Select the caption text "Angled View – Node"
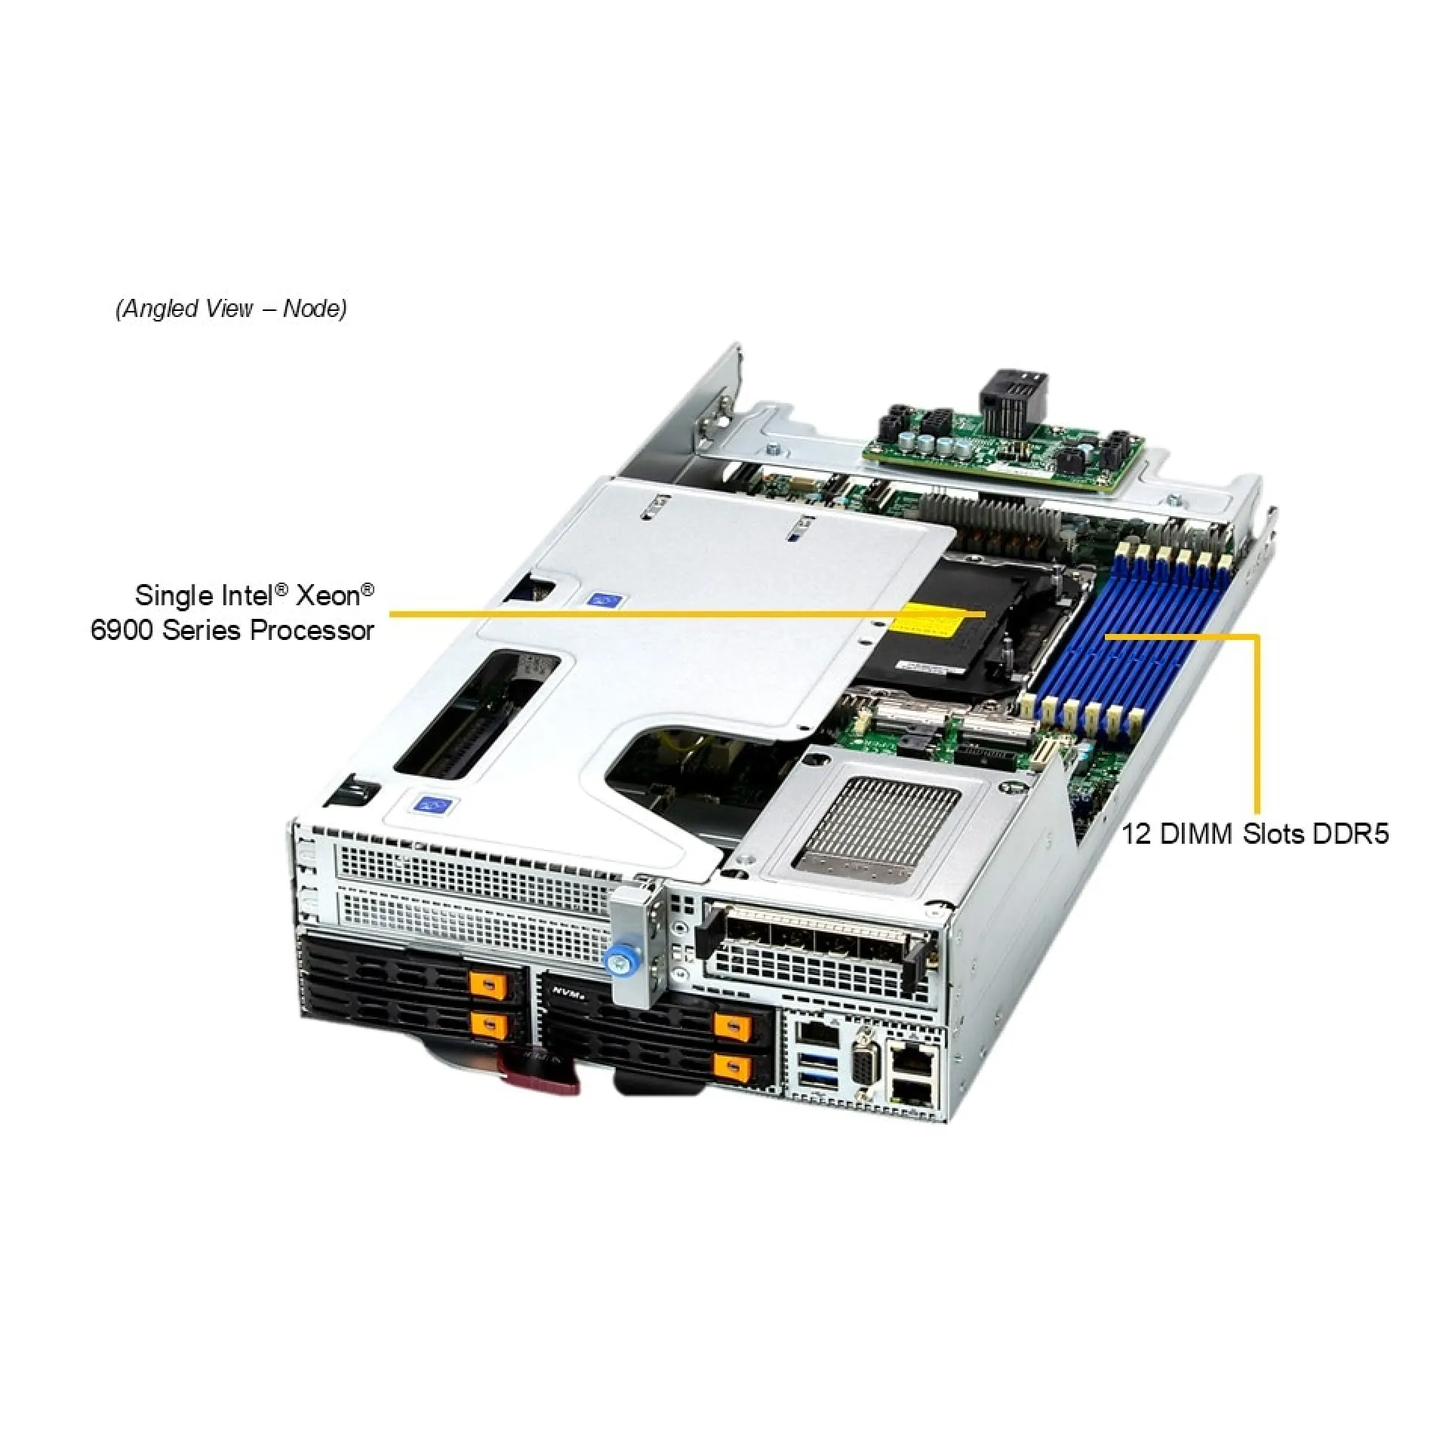[x=232, y=309]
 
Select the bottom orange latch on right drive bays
[x=734, y=1067]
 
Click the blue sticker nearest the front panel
[x=432, y=805]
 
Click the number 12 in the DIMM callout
[x=1136, y=835]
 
